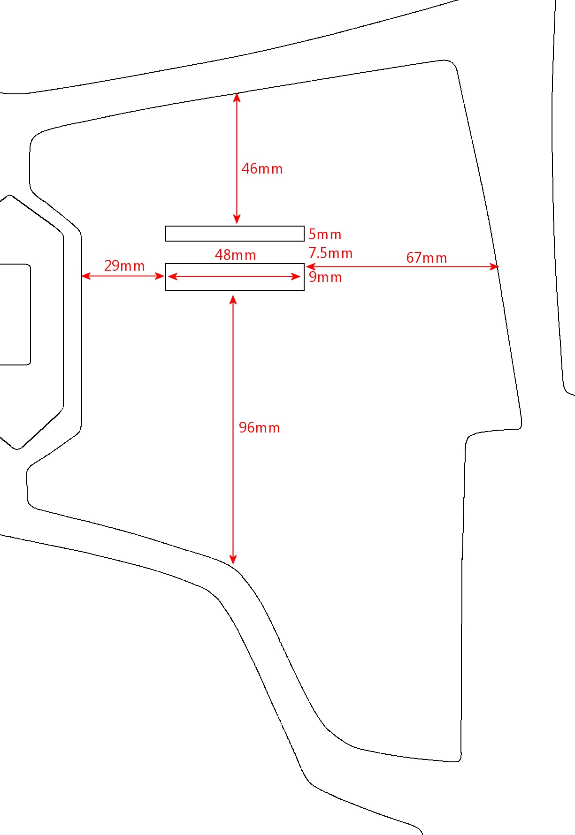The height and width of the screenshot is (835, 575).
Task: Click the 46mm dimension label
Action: point(262,169)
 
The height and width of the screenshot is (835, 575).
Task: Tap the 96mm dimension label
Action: point(259,428)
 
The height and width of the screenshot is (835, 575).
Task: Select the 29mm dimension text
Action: point(124,266)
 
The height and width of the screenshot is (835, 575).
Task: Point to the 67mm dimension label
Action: point(426,258)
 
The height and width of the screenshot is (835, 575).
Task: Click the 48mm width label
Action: point(235,255)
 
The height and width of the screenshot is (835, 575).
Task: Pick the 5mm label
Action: point(325,235)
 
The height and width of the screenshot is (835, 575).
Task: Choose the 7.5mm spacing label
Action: point(330,253)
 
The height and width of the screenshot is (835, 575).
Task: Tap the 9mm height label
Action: point(325,277)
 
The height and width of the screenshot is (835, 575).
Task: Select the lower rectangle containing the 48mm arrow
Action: point(235,264)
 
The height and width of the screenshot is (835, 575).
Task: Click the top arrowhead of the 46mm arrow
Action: point(237,97)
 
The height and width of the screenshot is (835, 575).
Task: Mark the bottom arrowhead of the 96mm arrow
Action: point(233,560)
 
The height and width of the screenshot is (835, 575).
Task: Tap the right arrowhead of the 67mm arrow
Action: point(494,266)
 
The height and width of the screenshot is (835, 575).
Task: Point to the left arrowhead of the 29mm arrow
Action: point(86,276)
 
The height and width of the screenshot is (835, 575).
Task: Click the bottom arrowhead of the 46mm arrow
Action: point(237,219)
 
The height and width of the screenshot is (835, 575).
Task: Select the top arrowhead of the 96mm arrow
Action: point(233,299)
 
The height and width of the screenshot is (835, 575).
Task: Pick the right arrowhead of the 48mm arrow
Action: point(296,277)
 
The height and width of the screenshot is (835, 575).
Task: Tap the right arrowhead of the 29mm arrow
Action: point(160,276)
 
